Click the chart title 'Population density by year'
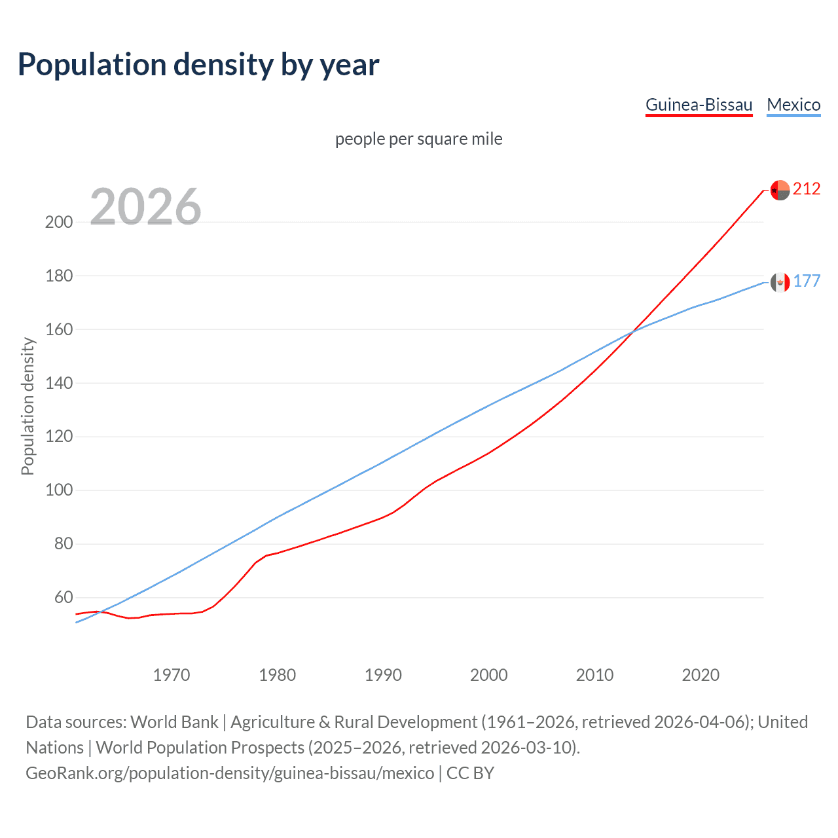click(x=198, y=65)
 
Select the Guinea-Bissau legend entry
click(x=699, y=105)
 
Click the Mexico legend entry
click(x=793, y=105)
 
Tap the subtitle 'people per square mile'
click(x=419, y=139)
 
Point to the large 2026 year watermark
click(x=145, y=207)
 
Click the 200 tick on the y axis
click(x=59, y=222)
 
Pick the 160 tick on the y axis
click(x=59, y=329)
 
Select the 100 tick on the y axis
click(x=59, y=490)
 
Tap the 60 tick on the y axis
click(x=64, y=598)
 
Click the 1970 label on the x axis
click(x=172, y=675)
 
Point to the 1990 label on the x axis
click(x=383, y=675)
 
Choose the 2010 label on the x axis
click(x=594, y=675)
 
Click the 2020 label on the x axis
click(x=701, y=675)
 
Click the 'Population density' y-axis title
click(x=27, y=406)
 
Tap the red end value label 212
click(x=807, y=189)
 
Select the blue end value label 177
click(x=807, y=282)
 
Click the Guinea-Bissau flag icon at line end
click(x=780, y=190)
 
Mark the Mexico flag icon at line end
click(x=780, y=282)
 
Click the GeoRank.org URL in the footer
click(x=230, y=773)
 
